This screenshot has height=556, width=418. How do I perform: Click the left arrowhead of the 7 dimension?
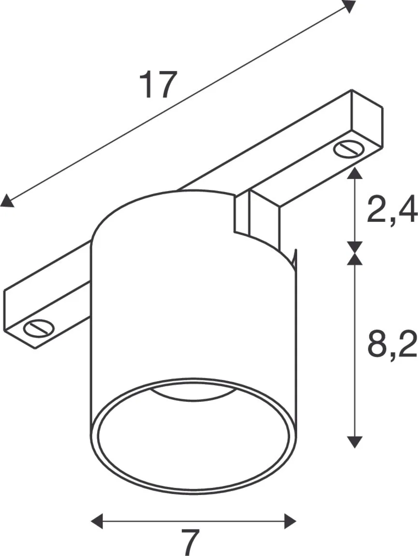[97, 521]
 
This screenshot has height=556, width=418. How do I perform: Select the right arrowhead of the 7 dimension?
[290, 521]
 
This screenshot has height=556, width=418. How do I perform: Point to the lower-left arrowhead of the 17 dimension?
[7, 201]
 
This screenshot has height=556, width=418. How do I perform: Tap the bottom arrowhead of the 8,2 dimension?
[355, 441]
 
